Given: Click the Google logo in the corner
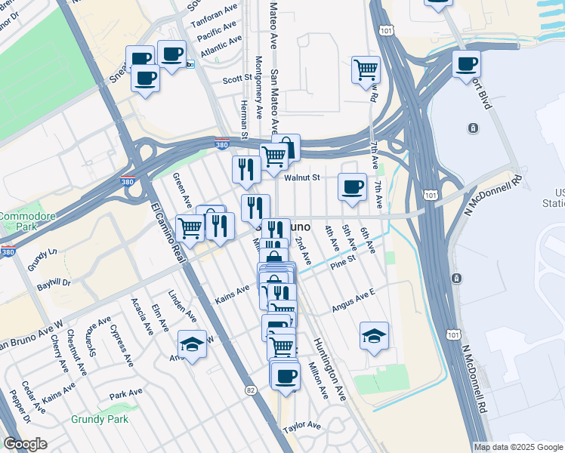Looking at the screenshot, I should (25, 444).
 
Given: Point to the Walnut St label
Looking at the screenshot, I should (303, 177).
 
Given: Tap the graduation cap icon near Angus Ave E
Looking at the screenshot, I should (374, 335).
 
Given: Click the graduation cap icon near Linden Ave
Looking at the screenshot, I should (192, 343).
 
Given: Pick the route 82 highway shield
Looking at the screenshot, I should (251, 390).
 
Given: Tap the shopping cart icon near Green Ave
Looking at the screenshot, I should (190, 226).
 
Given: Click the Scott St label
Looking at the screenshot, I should (236, 79).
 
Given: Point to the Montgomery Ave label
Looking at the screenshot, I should (258, 87).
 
